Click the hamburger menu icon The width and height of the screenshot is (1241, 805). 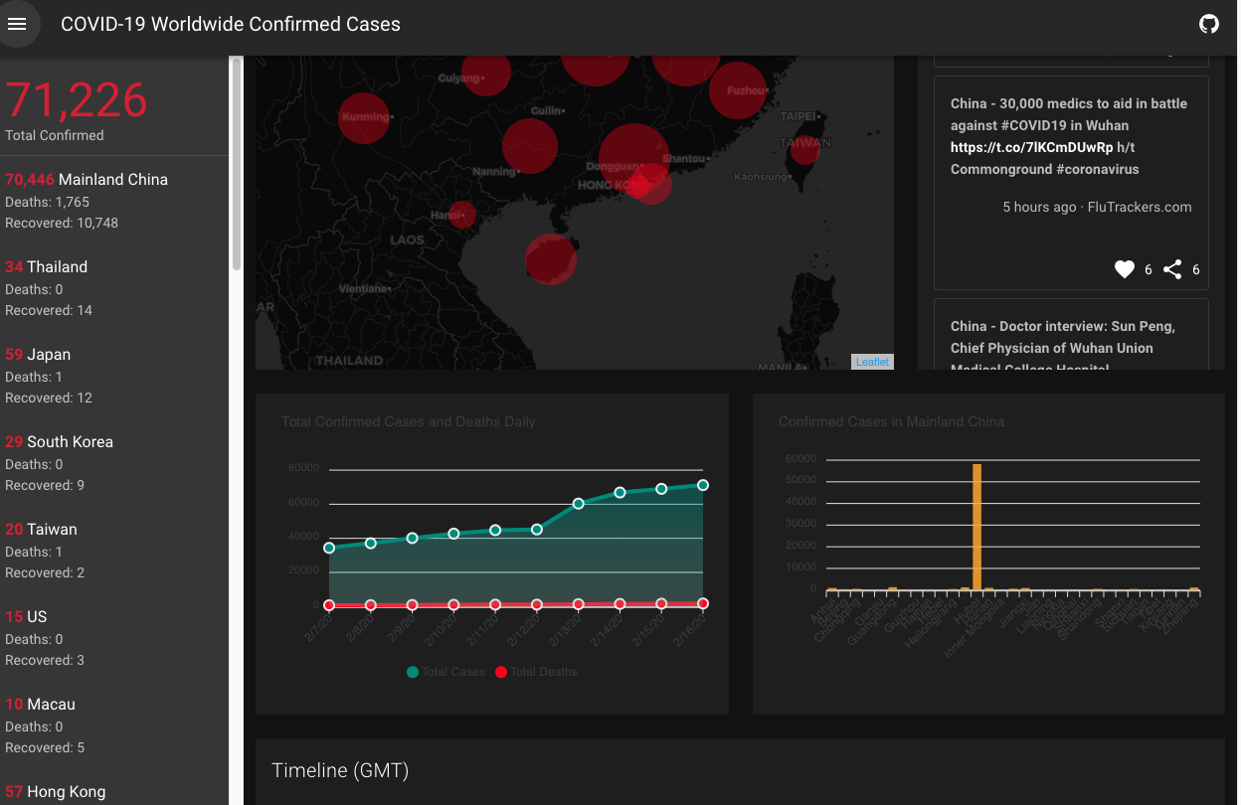tap(17, 24)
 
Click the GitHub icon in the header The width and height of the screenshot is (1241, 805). tap(1209, 24)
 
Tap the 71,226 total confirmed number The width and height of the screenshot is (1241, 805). tap(77, 99)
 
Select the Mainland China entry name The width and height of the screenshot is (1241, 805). tap(113, 180)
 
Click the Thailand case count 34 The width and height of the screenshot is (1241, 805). tap(14, 267)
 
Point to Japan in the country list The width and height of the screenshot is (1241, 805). tap(49, 355)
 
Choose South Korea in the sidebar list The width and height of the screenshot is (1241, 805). tap(70, 442)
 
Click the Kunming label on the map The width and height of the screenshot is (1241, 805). tap(366, 116)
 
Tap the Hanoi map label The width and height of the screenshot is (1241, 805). tap(446, 215)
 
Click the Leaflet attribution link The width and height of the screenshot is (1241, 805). tap(872, 362)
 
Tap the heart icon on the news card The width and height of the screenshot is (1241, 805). tap(1125, 269)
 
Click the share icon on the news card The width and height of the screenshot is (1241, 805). tap(1173, 269)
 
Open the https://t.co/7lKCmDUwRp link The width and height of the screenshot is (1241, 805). tap(1031, 147)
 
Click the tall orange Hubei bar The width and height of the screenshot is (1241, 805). tap(976, 527)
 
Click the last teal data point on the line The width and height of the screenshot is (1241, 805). tap(703, 485)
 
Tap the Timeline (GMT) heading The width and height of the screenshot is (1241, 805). tap(340, 770)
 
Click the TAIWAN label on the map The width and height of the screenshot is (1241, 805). tap(804, 142)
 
